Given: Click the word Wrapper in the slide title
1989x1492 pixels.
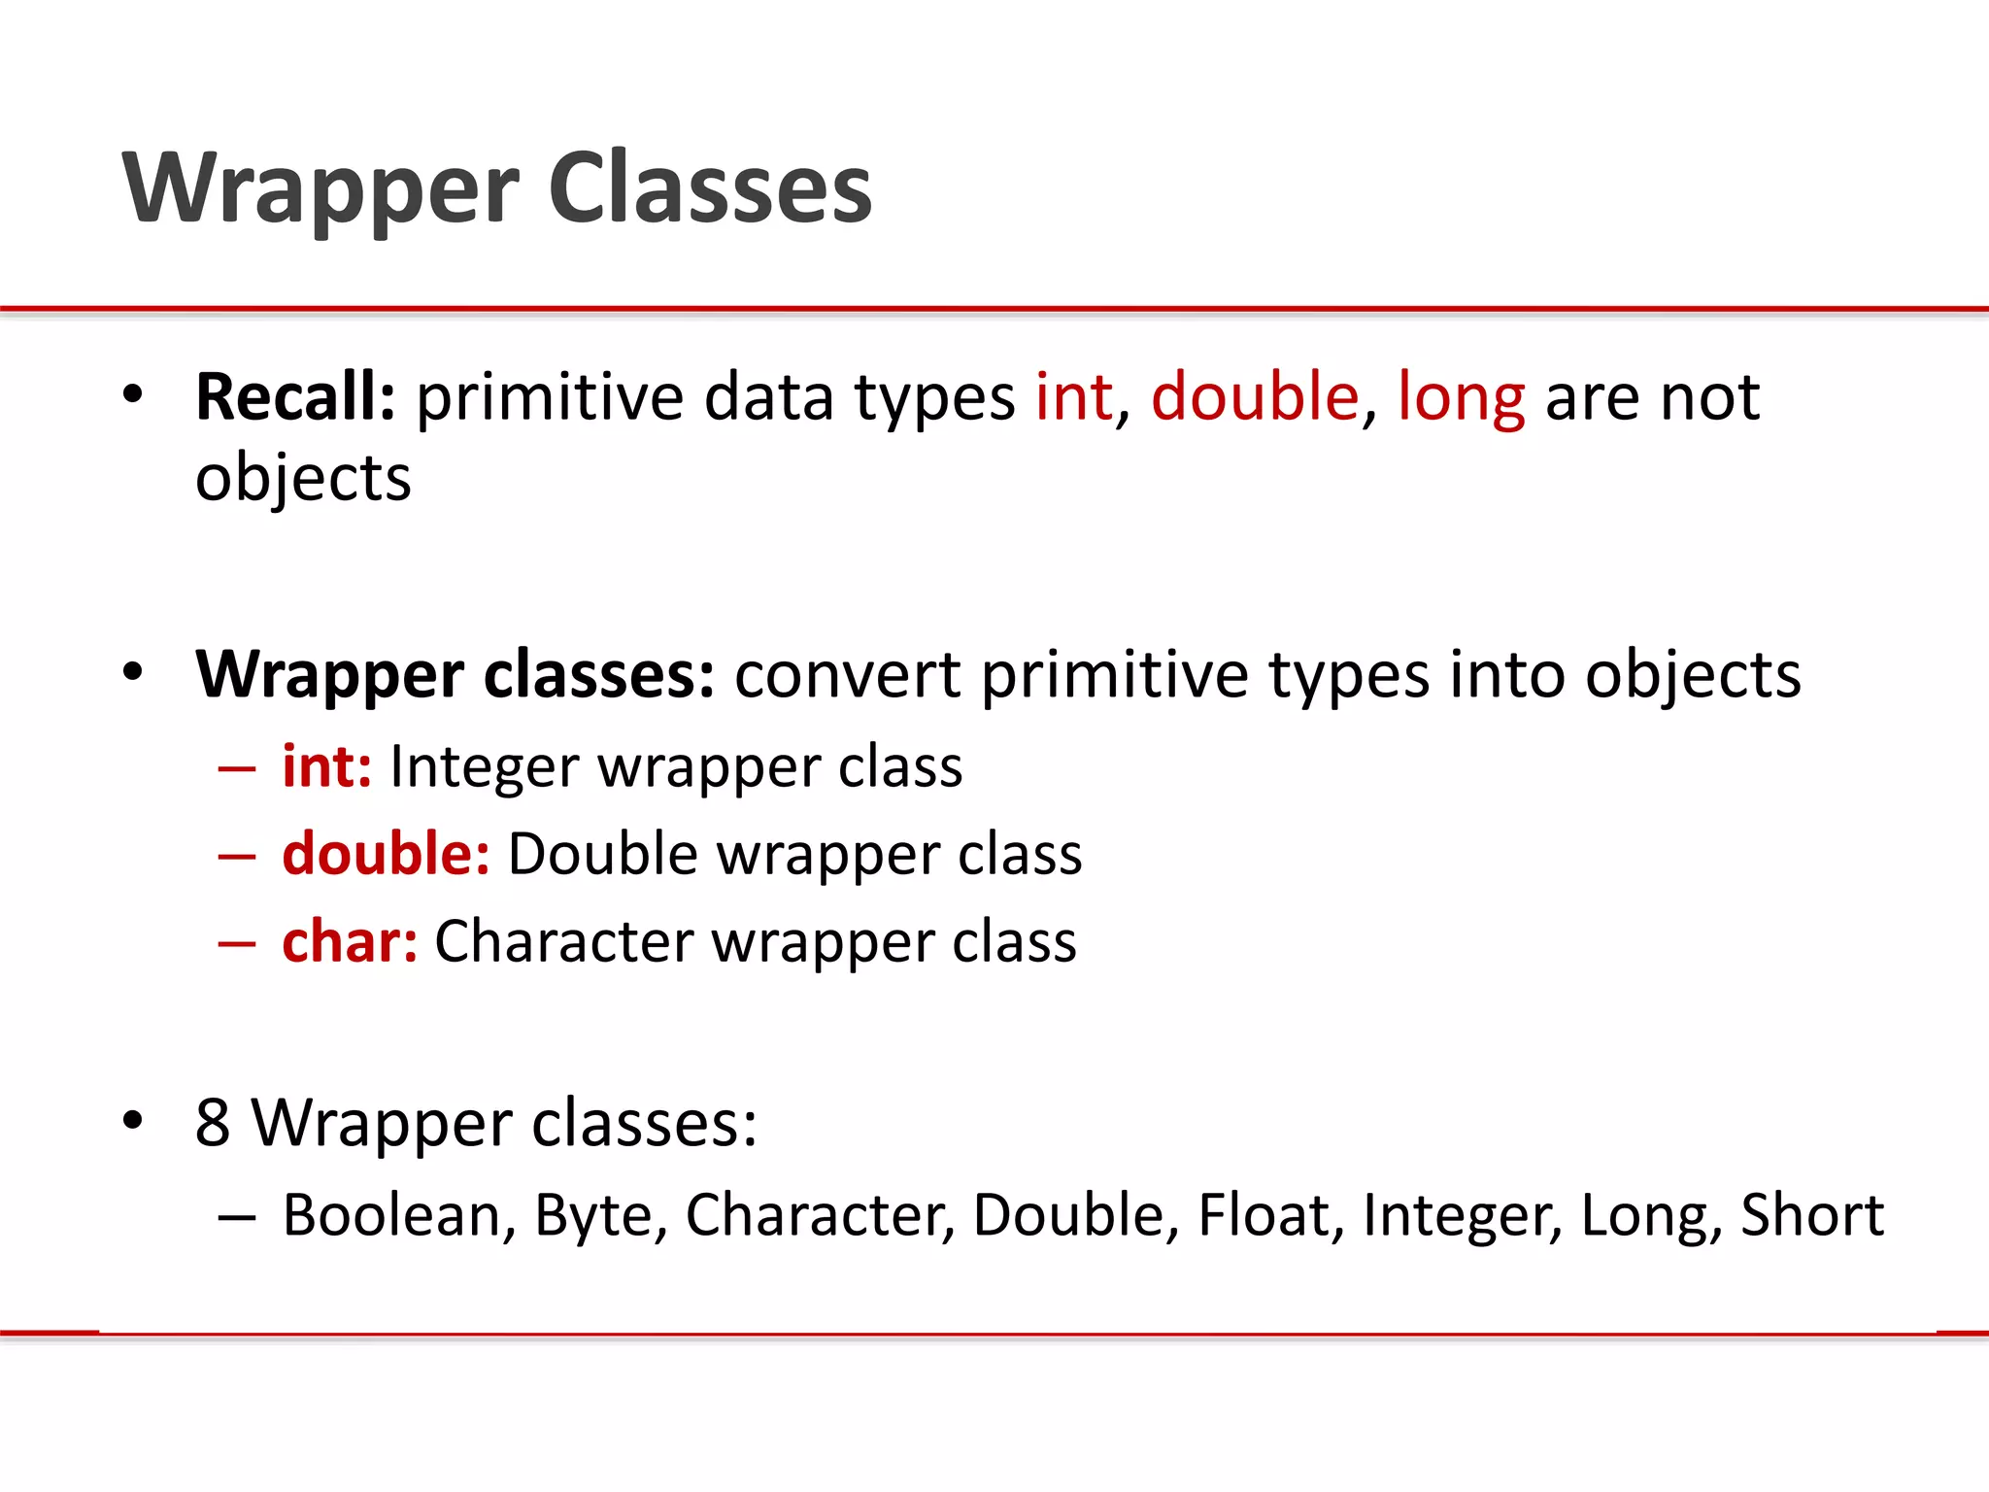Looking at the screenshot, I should [321, 189].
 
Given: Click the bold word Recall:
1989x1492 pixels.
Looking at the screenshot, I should [295, 397].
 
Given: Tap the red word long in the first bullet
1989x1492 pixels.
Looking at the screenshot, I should [1461, 397].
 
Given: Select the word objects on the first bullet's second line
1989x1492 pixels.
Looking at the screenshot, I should [303, 478].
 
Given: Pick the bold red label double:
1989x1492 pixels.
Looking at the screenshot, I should [386, 854].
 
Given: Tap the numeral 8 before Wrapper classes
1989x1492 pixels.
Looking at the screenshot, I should [213, 1123].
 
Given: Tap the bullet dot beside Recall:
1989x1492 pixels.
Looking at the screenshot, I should [133, 394].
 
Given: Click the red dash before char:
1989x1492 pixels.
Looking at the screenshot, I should [237, 943].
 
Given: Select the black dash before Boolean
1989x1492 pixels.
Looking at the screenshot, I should [237, 1217].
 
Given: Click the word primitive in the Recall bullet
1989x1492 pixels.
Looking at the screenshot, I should [550, 397].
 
